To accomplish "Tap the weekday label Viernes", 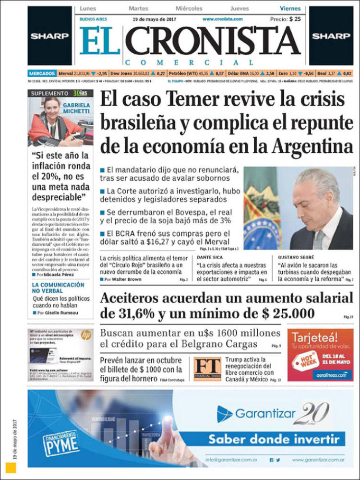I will click(x=290, y=9).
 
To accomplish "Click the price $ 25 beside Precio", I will click(x=295, y=19).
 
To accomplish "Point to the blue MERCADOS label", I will click(x=42, y=73).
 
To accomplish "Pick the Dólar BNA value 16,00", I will click(x=253, y=73).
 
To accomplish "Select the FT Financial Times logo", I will click(x=207, y=369).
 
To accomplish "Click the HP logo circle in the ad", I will click(x=86, y=335).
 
